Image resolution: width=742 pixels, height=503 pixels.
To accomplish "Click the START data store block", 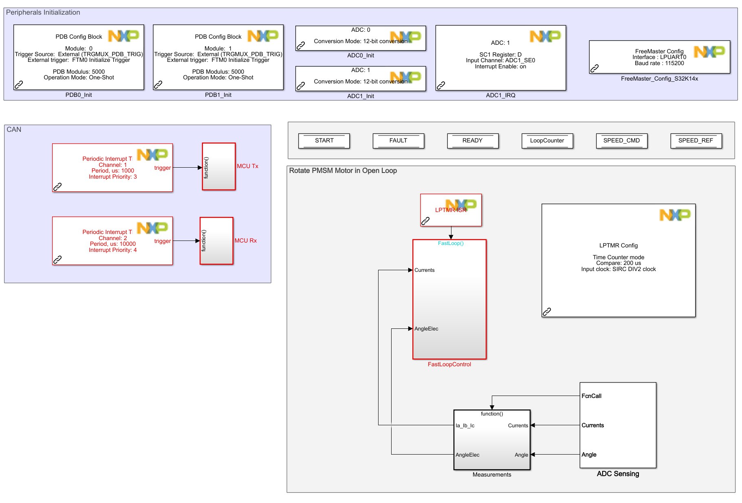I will [x=324, y=141].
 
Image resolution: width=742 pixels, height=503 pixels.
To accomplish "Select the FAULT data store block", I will [x=398, y=141].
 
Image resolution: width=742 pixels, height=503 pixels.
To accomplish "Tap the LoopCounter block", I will [x=547, y=141].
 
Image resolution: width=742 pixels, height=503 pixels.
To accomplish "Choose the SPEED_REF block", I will [x=696, y=141].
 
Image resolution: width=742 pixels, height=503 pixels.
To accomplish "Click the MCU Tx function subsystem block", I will [x=219, y=166].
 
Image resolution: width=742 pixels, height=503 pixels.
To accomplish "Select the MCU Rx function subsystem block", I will [x=216, y=241].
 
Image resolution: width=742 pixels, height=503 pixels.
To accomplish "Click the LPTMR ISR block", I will [x=451, y=210].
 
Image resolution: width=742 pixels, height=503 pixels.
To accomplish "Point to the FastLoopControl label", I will [x=449, y=364].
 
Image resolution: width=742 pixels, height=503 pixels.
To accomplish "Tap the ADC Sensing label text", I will [x=618, y=474].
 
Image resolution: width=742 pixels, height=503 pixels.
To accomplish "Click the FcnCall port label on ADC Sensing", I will [x=591, y=396].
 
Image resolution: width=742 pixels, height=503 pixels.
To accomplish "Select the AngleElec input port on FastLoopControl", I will [x=426, y=329].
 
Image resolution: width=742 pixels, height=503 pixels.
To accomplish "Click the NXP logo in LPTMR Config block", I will [x=675, y=215].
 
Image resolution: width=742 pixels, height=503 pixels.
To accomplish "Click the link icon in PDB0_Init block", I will [x=19, y=85].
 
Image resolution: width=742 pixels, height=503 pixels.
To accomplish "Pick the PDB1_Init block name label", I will [x=218, y=95].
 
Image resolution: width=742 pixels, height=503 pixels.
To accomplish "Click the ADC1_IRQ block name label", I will [x=500, y=95].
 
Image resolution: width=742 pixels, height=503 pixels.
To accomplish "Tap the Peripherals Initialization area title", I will [x=43, y=12].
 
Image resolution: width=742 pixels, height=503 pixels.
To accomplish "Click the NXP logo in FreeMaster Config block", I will [x=709, y=52].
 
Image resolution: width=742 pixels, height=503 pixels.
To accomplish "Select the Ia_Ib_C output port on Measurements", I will [x=465, y=426].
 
